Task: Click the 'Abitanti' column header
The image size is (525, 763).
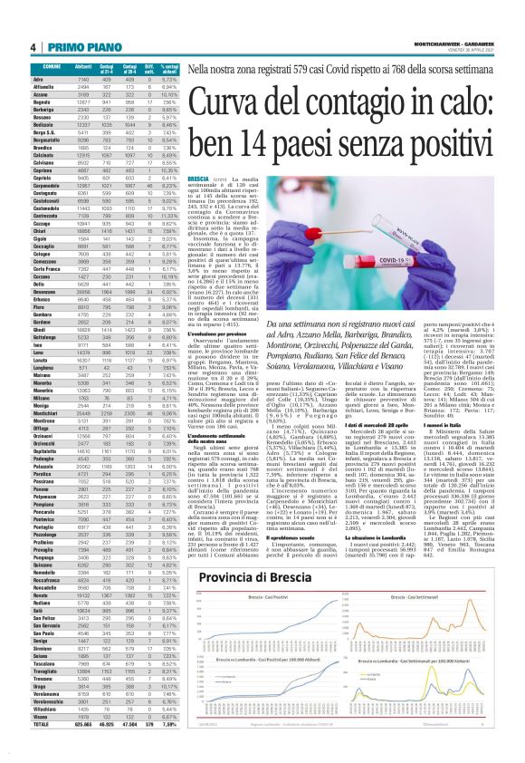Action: pyautogui.click(x=81, y=68)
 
